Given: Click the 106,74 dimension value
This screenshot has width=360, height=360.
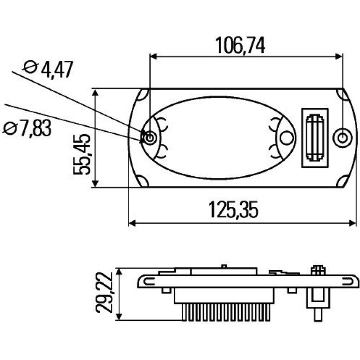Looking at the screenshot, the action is [240, 45].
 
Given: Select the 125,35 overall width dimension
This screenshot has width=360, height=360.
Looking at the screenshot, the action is [233, 209].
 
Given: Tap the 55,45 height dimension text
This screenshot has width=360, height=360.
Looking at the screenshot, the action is [82, 154].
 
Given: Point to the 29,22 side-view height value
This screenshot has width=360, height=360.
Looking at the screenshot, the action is [104, 293].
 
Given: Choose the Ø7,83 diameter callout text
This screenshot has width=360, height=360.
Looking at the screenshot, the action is [27, 128].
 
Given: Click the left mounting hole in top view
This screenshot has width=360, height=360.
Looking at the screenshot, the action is [150, 138].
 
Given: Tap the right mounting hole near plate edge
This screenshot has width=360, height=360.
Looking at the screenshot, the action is [342, 138].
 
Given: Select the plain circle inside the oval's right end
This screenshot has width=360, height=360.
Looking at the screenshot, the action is [287, 138].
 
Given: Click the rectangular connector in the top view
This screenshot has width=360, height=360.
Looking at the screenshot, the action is [315, 138].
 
